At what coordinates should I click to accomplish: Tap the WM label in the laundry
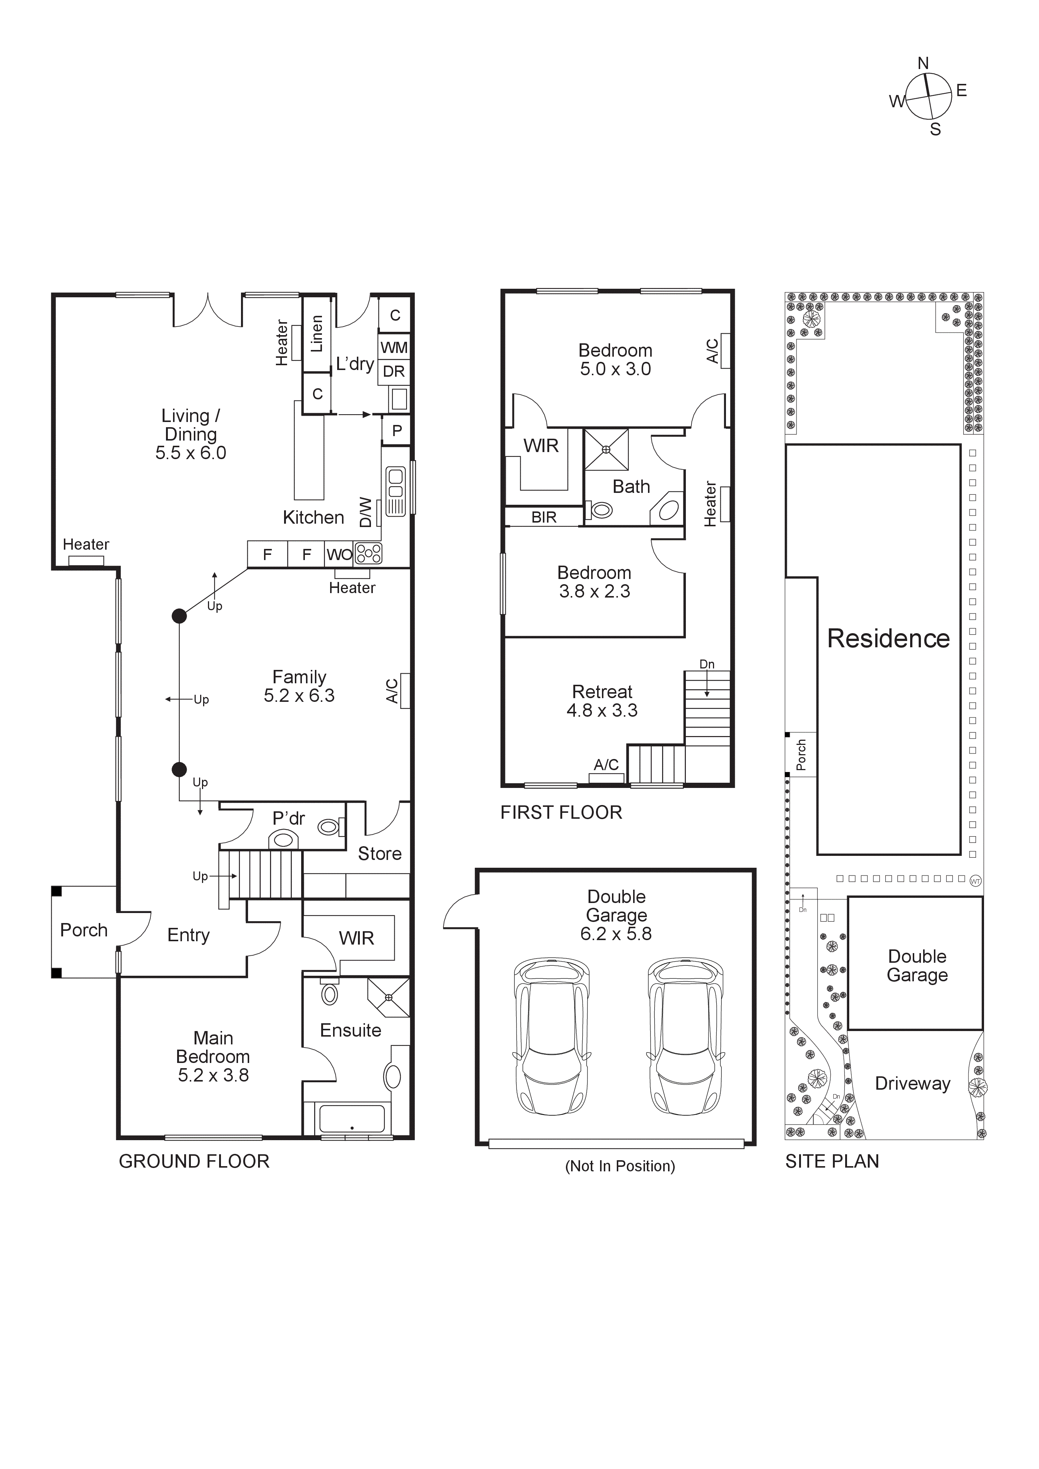[x=394, y=347]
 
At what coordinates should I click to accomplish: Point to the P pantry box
[x=397, y=431]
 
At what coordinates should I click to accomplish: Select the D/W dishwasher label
[x=365, y=512]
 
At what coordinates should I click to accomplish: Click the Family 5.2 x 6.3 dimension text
[x=299, y=696]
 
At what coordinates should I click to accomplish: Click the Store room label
[x=380, y=854]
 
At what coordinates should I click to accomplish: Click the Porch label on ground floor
[x=84, y=930]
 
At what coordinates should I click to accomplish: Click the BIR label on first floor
[x=544, y=517]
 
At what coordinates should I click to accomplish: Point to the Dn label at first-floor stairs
[x=707, y=664]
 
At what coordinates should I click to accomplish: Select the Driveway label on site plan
[x=912, y=1083]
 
